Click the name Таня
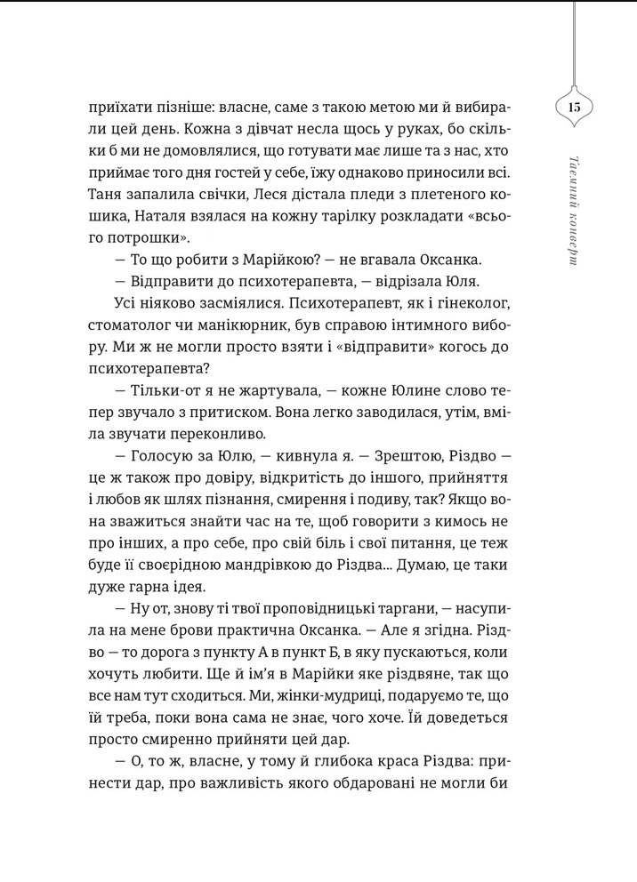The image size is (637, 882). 109,193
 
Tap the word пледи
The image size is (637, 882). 354,193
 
